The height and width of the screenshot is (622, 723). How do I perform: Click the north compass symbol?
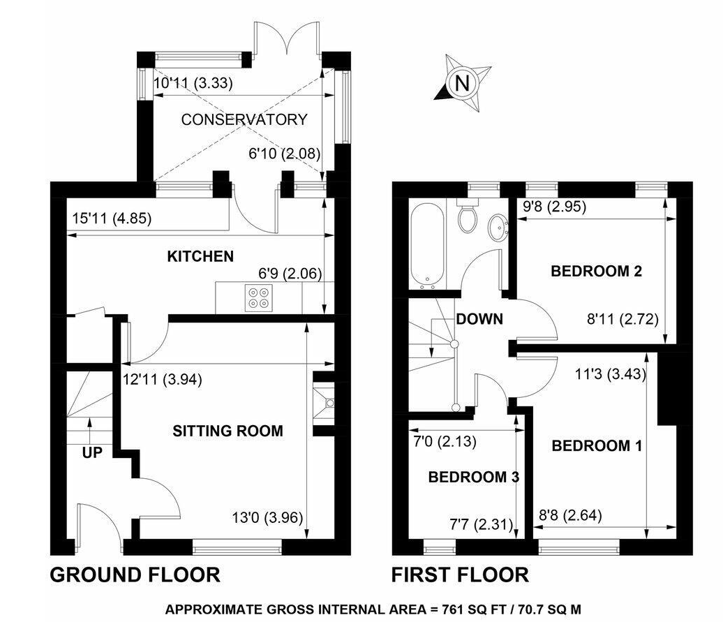460,82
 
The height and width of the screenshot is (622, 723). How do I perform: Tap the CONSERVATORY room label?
244,119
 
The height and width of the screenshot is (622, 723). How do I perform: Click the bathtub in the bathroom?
428,246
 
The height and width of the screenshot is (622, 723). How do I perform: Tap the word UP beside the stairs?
91,452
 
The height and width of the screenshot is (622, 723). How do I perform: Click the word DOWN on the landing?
479,320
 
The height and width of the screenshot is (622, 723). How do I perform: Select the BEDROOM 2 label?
596,271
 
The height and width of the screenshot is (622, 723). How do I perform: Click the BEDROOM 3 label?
473,477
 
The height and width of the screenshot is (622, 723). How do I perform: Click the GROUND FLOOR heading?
135,575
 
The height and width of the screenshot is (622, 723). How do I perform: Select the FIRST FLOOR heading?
459,575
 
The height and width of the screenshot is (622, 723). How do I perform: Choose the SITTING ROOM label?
228,431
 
